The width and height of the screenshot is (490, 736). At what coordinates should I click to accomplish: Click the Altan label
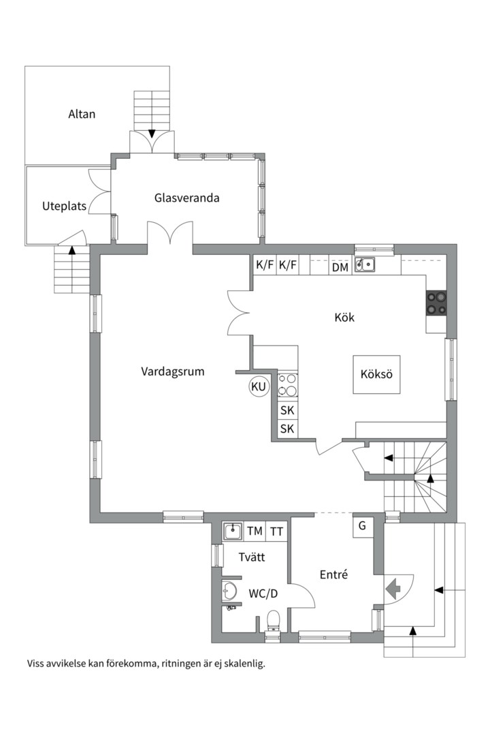coord(82,114)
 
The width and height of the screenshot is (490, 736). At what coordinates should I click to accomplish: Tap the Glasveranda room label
coord(186,198)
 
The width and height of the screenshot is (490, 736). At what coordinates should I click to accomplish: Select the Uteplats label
coord(64,206)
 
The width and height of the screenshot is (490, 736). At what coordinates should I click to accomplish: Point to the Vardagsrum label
coord(173,372)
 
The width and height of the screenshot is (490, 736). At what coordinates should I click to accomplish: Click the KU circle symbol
coord(259,387)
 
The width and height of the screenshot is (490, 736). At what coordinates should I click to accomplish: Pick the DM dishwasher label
coord(340,267)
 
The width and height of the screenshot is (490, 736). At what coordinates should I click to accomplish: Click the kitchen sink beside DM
coord(365,264)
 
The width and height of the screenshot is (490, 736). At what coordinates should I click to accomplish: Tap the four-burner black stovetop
coord(436,303)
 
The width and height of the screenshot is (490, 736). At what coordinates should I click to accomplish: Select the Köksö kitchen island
coord(376,374)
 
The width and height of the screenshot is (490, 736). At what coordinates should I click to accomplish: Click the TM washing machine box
coord(255,531)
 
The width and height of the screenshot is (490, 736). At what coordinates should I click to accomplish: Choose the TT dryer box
coord(277,531)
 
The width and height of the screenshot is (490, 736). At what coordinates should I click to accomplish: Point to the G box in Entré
coord(363,525)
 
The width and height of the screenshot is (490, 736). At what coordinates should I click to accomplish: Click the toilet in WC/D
coord(273,621)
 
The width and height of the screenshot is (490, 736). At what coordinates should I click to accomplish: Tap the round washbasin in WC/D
coord(230,591)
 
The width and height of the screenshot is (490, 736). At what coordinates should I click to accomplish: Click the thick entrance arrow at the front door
coord(393,587)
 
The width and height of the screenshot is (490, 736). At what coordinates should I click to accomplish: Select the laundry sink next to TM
coord(233,532)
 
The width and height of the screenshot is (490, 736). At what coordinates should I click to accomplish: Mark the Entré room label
coord(334,574)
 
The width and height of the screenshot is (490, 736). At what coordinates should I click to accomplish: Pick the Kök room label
coord(344,318)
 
